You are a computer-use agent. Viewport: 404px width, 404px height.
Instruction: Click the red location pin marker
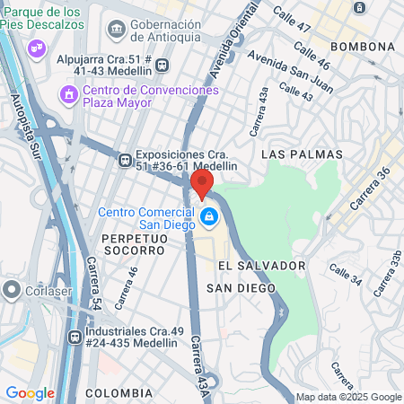[x=202, y=182]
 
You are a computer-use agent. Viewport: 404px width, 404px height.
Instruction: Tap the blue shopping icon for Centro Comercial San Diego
[x=209, y=217]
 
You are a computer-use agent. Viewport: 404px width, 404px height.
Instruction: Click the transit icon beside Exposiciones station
[x=125, y=161]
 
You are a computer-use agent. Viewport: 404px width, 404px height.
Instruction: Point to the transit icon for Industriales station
[x=75, y=338]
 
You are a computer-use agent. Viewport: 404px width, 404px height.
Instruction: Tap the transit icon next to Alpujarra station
[x=162, y=65]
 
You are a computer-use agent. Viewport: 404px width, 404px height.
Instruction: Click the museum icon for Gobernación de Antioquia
[x=117, y=30]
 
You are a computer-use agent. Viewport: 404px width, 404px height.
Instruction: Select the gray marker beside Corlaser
[x=13, y=290]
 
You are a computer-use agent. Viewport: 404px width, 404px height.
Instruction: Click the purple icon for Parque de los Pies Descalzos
[x=37, y=46]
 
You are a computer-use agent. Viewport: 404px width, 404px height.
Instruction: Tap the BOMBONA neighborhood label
[x=364, y=46]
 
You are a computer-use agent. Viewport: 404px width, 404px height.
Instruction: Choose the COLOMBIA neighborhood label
[x=119, y=393]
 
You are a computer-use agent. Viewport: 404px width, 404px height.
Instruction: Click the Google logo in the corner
[x=30, y=392]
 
